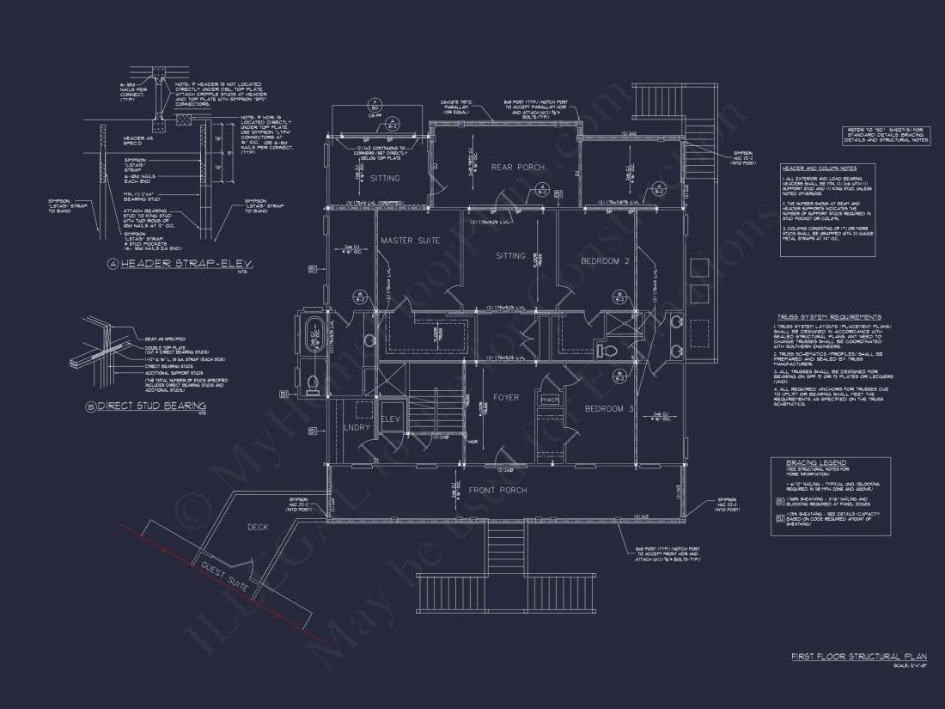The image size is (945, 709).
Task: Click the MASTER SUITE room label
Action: click(410, 241)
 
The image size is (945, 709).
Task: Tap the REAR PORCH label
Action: click(517, 167)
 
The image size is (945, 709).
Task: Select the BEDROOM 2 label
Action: click(606, 260)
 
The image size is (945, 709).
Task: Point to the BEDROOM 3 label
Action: click(609, 408)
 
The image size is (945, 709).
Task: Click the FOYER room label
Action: click(506, 398)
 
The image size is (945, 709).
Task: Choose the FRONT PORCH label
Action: click(499, 490)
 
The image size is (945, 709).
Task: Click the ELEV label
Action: click(391, 419)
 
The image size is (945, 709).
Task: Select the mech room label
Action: click(549, 400)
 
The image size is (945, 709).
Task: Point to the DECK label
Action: click(258, 527)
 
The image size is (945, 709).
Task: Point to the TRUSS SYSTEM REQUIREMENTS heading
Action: click(828, 317)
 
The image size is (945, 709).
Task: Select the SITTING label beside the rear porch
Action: click(385, 179)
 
